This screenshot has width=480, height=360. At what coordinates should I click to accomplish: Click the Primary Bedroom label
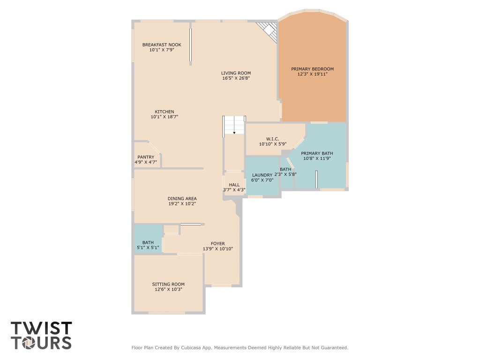click(312, 69)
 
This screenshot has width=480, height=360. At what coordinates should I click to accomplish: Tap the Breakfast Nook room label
click(162, 45)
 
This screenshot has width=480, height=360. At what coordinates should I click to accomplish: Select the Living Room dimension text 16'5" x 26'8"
click(236, 78)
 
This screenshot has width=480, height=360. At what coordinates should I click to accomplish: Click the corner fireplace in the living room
click(269, 31)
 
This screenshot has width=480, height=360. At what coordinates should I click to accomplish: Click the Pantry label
click(146, 157)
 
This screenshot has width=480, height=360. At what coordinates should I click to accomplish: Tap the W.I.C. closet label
click(272, 139)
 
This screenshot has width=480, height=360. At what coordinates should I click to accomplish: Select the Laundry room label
click(262, 175)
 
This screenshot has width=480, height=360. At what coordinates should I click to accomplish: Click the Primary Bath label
click(317, 153)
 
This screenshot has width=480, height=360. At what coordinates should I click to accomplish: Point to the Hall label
click(234, 185)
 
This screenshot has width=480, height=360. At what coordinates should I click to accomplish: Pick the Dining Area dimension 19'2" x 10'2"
click(182, 204)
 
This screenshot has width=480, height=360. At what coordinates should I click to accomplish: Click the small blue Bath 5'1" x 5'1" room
click(147, 245)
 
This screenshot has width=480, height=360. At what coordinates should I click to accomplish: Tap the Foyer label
click(217, 243)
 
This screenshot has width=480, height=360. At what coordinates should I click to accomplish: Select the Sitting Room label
click(168, 284)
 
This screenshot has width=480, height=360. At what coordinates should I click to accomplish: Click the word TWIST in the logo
click(41, 328)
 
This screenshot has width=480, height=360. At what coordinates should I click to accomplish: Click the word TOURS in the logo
click(41, 343)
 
